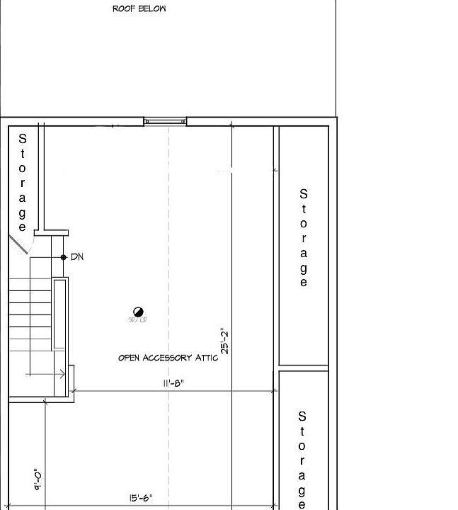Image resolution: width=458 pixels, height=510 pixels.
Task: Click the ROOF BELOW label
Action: coord(139,9)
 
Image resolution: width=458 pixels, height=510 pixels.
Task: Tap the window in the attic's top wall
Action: coord(165,122)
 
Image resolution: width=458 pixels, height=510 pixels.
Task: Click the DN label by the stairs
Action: coord(77,257)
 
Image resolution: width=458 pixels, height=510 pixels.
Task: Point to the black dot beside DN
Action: coord(64,257)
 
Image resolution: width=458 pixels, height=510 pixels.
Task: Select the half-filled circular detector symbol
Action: coord(138,312)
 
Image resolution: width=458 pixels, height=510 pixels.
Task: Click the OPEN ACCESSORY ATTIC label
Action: coord(168,358)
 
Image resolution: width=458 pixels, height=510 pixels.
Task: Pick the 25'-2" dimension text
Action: coord(225,341)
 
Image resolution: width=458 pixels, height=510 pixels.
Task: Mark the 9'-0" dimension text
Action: coord(37,480)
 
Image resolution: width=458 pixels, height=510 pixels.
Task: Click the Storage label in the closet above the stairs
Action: coord(23,183)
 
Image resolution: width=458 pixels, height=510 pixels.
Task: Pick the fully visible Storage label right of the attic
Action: coord(304,238)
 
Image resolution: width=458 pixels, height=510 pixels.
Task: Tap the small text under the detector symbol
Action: coord(137,321)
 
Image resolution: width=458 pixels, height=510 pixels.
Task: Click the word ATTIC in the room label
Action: coord(202,358)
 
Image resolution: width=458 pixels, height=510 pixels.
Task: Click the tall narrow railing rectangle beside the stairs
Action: coord(60,314)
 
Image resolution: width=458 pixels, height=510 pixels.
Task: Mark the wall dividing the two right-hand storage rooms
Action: coord(303,368)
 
